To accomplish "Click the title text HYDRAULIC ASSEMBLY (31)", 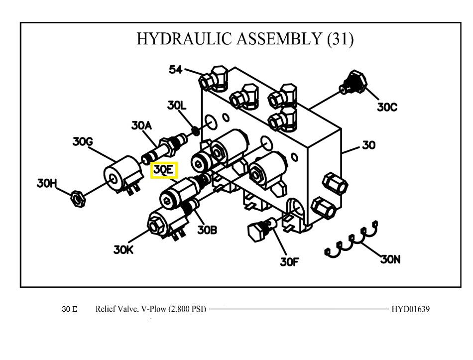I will click(x=245, y=39).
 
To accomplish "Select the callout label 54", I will click(x=176, y=69).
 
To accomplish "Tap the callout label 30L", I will click(x=177, y=105).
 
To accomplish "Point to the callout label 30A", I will click(x=141, y=125).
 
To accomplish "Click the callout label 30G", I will click(x=83, y=142).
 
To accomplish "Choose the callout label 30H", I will click(x=46, y=183).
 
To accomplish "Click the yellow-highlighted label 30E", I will click(x=164, y=170).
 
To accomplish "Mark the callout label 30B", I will click(x=207, y=230).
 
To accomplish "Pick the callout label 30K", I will click(x=123, y=250).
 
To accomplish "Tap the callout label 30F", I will click(x=289, y=261).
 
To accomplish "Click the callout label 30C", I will click(x=387, y=107).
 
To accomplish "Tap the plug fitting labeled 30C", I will click(x=354, y=83).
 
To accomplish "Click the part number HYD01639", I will click(x=411, y=309).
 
